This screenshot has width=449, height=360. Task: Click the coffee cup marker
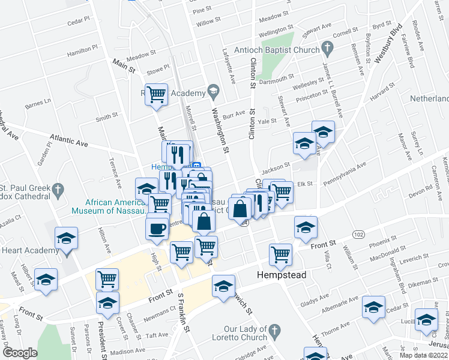[x=157, y=229]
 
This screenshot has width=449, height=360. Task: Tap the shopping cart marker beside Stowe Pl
[x=157, y=94]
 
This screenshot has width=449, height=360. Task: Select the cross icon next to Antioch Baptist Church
[x=327, y=46]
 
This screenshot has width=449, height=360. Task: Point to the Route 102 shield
[x=358, y=233]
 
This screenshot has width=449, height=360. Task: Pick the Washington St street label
[x=220, y=129]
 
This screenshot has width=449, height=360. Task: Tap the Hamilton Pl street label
[x=82, y=53]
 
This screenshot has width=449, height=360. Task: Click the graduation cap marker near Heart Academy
[x=67, y=238]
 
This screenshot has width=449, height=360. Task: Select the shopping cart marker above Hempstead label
[x=280, y=254]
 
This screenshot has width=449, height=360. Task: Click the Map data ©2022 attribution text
[x=424, y=355]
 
